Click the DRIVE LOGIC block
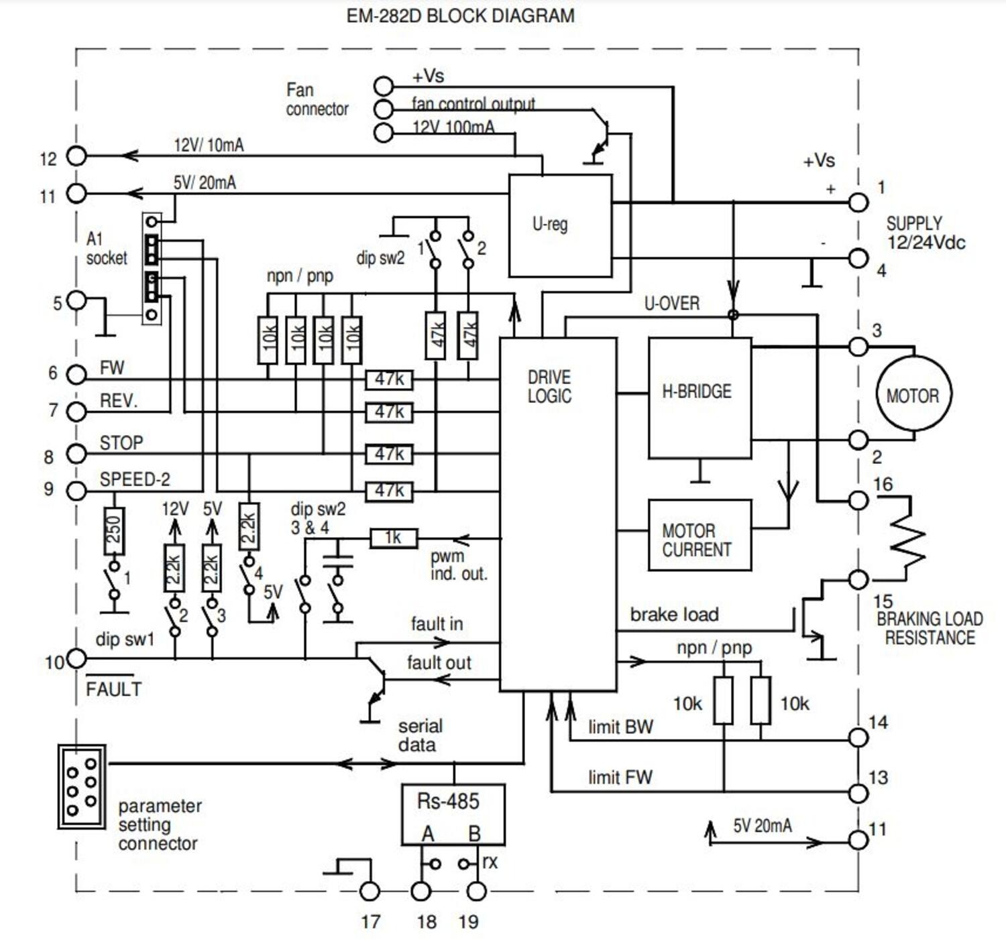558,514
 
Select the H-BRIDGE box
700,398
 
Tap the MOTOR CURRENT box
699,535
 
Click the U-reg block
560,225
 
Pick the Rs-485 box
453,813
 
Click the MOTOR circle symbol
912,395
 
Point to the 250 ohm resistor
115,530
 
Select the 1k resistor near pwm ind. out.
394,538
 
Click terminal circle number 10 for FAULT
77,658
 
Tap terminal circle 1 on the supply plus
858,202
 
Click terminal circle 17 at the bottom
370,891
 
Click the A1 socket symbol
152,268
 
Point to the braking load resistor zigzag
908,538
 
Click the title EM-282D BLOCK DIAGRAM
460,16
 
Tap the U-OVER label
671,303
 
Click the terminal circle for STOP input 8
77,454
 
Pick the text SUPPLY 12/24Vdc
925,233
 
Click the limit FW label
620,777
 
